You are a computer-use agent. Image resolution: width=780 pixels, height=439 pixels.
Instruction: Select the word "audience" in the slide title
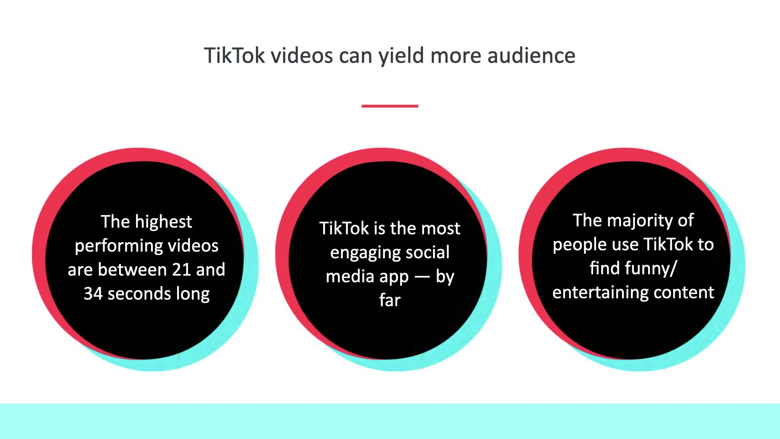(x=531, y=56)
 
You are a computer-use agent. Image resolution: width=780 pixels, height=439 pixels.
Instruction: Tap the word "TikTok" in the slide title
(x=234, y=56)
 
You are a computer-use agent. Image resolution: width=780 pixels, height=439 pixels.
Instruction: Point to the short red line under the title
(x=390, y=106)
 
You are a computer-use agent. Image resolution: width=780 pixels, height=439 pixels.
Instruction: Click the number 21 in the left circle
(x=182, y=269)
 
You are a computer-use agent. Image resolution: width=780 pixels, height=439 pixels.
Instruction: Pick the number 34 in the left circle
(x=93, y=293)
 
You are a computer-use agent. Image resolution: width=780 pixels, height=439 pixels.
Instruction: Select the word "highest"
(x=163, y=222)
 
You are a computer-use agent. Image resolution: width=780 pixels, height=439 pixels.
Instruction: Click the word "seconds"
(x=139, y=293)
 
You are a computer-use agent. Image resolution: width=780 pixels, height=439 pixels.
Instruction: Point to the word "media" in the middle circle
(x=350, y=276)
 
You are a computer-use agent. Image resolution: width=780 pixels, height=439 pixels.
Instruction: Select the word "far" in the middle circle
(x=390, y=300)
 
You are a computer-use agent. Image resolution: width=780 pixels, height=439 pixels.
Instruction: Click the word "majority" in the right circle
(x=640, y=221)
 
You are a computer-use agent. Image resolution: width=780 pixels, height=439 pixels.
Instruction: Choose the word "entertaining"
(x=600, y=293)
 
